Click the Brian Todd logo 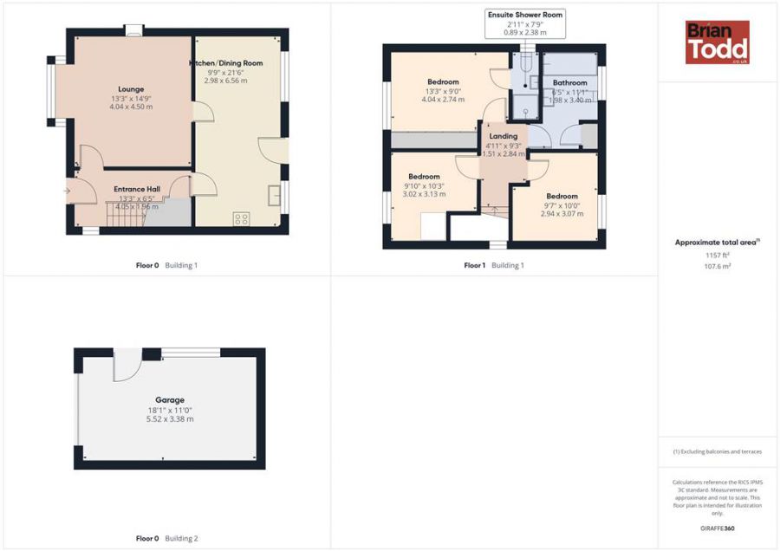(717, 42)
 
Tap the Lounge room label (130, 88)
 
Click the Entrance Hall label (137, 189)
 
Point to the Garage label (169, 400)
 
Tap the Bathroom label (569, 83)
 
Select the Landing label (503, 136)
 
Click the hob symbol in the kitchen (241, 219)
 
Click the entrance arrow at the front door (68, 190)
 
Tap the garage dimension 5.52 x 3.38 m (169, 419)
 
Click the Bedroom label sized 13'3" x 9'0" (443, 82)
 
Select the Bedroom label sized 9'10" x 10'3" (425, 177)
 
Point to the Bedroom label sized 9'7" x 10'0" (562, 196)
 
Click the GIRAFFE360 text (717, 528)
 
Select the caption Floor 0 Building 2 (167, 539)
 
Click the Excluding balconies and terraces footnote (717, 451)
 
